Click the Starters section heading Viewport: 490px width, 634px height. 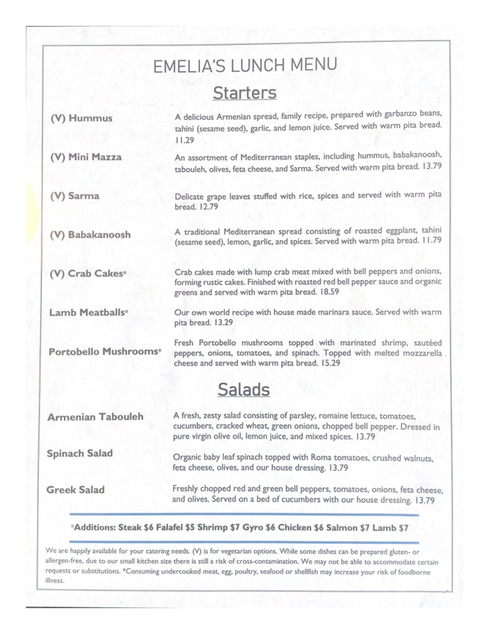[244, 93]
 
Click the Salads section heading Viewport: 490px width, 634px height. [244, 390]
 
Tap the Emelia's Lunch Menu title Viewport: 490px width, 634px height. [244, 66]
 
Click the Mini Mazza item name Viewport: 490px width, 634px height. [86, 157]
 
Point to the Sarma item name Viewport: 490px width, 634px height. [75, 196]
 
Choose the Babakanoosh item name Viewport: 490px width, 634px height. [90, 235]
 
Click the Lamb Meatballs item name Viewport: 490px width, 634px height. [89, 312]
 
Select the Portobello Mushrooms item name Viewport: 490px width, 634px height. [104, 351]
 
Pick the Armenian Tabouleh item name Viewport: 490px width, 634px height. [95, 417]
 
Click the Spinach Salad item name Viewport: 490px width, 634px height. [79, 453]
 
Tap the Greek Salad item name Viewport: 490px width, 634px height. [75, 490]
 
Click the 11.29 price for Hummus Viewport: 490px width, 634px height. [185, 140]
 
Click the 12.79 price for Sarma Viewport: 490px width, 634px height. [207, 207]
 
